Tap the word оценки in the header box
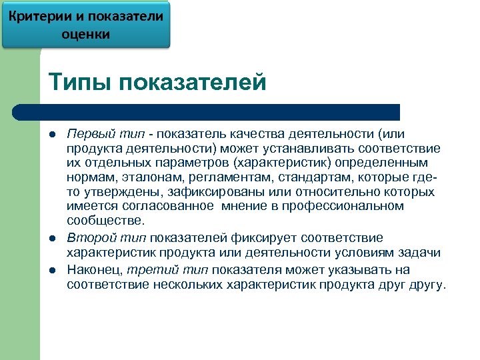point(86,33)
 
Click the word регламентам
point(219,178)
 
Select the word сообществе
point(105,221)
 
